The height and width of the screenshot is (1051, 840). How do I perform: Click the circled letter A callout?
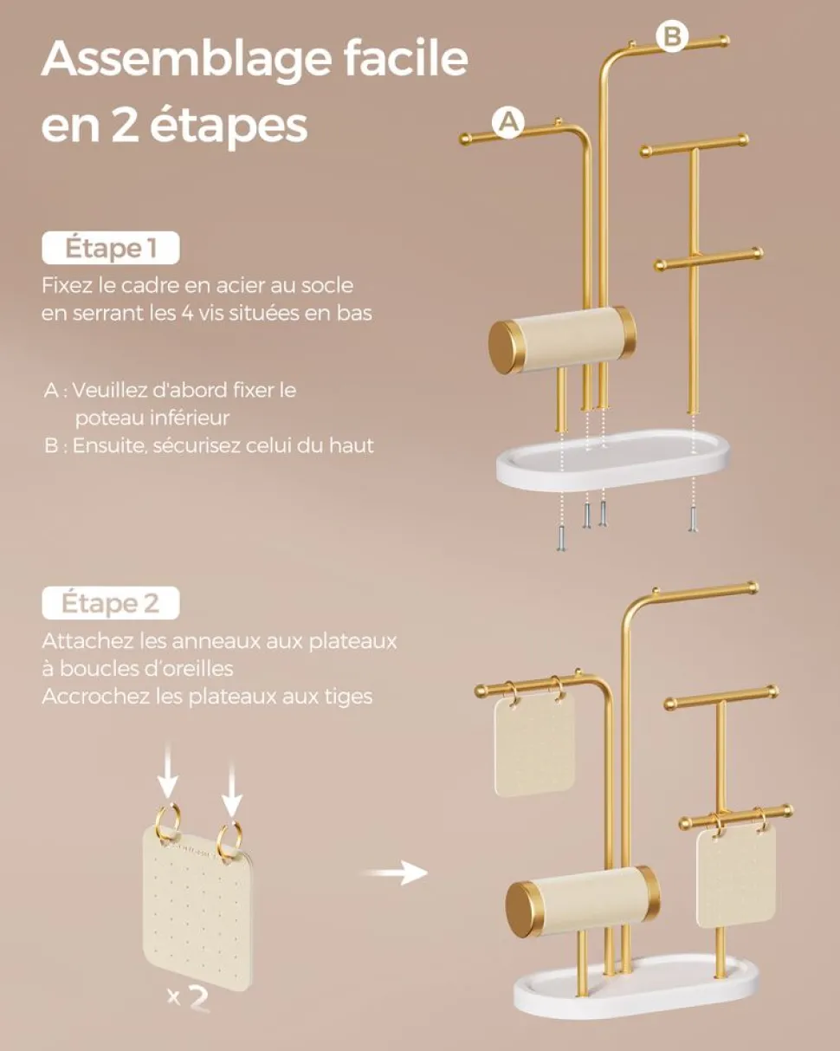(x=508, y=122)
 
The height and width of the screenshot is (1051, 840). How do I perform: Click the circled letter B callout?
(x=672, y=36)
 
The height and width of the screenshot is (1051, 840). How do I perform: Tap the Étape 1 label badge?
(x=111, y=248)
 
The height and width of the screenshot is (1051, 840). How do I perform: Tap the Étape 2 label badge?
(x=111, y=603)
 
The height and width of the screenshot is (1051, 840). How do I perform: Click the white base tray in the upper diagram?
(x=613, y=459)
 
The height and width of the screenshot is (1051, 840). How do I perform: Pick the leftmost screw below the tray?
(x=561, y=538)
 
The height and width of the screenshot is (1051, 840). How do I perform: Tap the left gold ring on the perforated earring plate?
(x=168, y=825)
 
